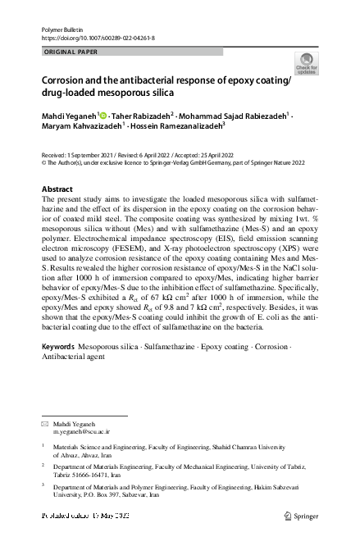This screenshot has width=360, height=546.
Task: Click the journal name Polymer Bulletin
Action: [x=62, y=30]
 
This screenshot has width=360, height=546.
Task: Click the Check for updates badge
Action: [x=307, y=64]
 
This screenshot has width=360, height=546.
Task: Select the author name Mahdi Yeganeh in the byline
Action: [x=69, y=116]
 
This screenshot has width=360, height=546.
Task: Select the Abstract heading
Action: [x=57, y=189]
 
